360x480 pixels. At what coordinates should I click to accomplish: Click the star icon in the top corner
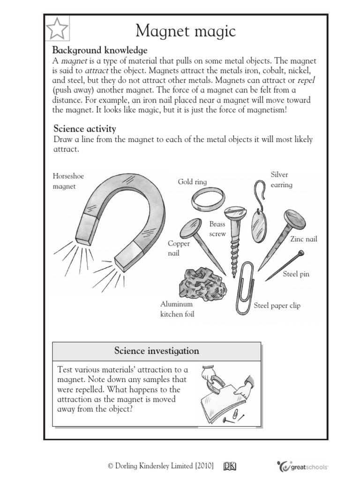coord(58,30)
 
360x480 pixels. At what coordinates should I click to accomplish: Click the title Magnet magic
coord(186,31)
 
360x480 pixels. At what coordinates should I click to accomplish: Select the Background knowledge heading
coord(99,50)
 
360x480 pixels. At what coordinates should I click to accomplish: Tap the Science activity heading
coord(84,128)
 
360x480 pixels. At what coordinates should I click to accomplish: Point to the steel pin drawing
coord(284,266)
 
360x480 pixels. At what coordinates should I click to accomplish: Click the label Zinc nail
coord(303,239)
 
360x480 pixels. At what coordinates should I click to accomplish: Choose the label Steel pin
coord(296,274)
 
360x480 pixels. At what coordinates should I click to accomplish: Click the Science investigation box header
coord(157,351)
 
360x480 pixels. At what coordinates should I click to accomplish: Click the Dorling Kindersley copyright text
coord(161,466)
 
